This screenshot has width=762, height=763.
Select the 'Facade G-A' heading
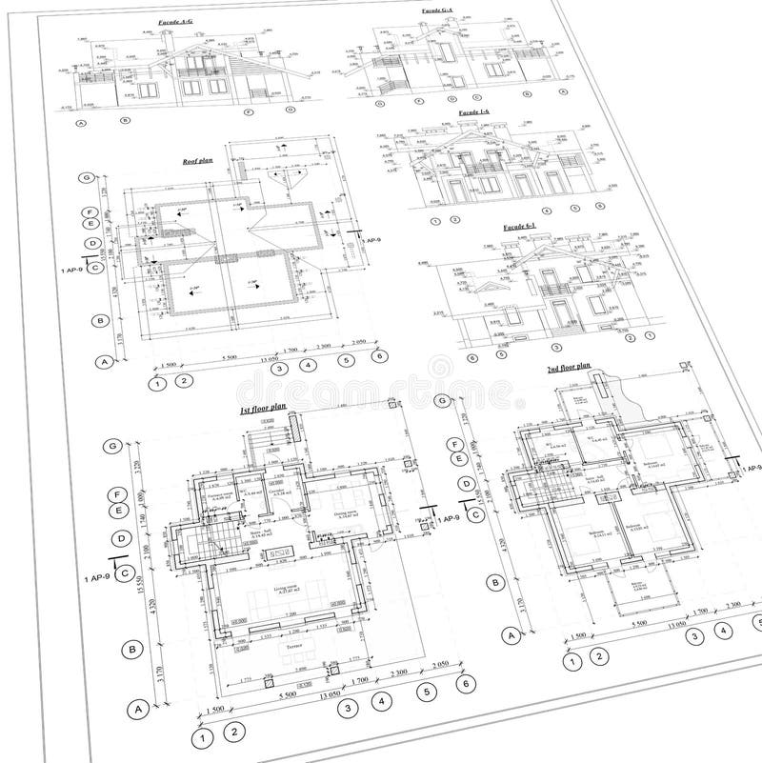tap(438, 11)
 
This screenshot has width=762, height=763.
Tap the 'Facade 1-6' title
tap(473, 112)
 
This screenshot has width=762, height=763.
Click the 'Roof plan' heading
tap(196, 163)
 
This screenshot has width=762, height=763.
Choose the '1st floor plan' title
tap(263, 408)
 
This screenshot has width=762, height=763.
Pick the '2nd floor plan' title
tap(568, 367)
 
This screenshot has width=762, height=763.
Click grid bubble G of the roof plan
tap(87, 178)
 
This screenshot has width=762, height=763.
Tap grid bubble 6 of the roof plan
tap(380, 356)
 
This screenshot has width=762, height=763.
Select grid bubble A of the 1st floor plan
tap(139, 708)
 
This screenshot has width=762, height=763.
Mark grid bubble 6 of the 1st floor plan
tap(466, 684)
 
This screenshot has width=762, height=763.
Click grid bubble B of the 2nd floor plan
tap(494, 581)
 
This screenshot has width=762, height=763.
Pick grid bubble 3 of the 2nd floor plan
tap(696, 636)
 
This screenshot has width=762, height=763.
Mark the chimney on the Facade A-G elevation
tap(169, 39)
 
